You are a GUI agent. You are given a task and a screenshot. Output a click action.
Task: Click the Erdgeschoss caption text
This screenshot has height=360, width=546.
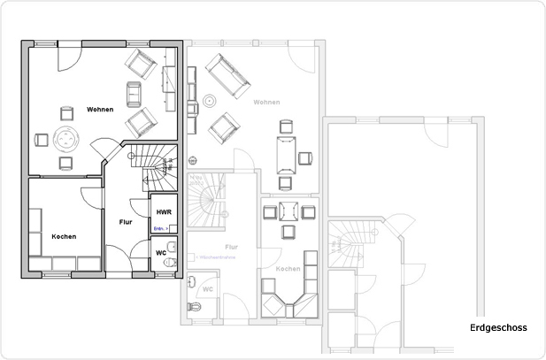pyautogui.click(x=498, y=327)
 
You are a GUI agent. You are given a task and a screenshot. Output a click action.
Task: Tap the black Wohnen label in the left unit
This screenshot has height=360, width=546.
pyautogui.click(x=100, y=109)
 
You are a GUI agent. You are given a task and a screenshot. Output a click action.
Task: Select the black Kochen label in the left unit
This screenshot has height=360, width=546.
pyautogui.click(x=64, y=236)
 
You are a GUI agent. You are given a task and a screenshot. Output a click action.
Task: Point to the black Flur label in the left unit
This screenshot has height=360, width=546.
pyautogui.click(x=125, y=221)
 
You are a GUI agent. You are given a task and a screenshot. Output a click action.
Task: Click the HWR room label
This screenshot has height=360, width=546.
pyautogui.click(x=163, y=213)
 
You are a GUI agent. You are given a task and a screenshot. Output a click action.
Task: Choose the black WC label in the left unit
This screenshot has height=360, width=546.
pyautogui.click(x=160, y=252)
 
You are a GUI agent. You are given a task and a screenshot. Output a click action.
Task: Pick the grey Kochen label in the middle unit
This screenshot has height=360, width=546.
pyautogui.click(x=288, y=268)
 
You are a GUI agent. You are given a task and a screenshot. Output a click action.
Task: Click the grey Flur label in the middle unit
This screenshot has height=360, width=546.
pyautogui.click(x=231, y=247)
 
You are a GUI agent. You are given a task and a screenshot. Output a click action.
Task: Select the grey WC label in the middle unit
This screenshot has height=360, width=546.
pyautogui.click(x=207, y=288)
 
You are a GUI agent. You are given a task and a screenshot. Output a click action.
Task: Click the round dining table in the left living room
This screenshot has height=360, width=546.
pyautogui.click(x=66, y=138)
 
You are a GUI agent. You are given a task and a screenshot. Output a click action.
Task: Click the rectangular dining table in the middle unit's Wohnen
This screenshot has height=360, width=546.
pyautogui.click(x=285, y=156)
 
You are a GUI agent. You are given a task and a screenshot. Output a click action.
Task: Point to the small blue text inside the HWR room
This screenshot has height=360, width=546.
pyautogui.click(x=161, y=228)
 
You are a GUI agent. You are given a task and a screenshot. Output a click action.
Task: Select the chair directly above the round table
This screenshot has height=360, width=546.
pyautogui.click(x=66, y=112)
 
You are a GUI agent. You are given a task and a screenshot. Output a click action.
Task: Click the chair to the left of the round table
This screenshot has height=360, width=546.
pyautogui.click(x=41, y=139)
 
